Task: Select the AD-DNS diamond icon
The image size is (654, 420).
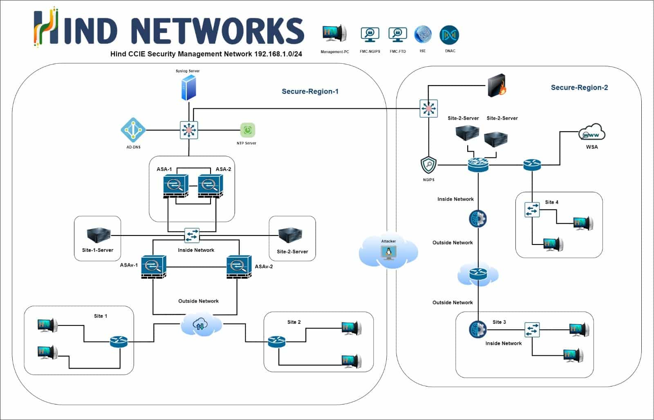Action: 133,130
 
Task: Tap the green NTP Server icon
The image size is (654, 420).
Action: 247,130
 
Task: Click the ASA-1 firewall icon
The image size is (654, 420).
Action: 175,186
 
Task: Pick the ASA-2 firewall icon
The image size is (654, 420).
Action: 211,186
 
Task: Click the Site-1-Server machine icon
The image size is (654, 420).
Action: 99,235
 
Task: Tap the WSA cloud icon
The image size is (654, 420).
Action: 591,133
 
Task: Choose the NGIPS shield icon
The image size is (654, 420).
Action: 429,166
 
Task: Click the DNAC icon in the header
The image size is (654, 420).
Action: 449,35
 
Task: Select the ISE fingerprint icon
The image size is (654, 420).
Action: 423,35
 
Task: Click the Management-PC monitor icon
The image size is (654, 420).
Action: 334,34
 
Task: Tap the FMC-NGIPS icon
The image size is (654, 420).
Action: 370,35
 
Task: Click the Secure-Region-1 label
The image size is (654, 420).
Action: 310,92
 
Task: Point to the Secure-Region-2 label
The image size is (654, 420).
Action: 579,88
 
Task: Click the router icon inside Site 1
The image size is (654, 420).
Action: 119,341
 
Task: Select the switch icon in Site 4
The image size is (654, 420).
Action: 532,210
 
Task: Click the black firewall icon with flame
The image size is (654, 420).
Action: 497,85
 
